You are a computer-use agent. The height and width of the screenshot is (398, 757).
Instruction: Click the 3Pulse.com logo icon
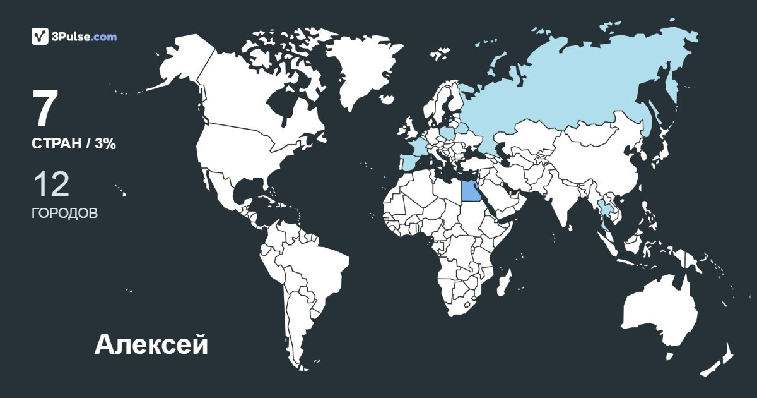pyautogui.click(x=40, y=36)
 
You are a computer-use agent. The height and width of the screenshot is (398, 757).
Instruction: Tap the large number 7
pyautogui.click(x=45, y=110)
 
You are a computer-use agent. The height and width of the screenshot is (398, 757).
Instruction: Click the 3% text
pyautogui.click(x=105, y=143)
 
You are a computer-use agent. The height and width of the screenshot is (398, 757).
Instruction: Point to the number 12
pyautogui.click(x=50, y=184)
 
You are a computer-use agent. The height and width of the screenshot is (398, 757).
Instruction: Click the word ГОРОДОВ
pyautogui.click(x=64, y=213)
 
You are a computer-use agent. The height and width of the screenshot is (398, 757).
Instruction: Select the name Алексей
pyautogui.click(x=151, y=344)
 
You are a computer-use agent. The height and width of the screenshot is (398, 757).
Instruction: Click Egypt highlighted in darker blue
pyautogui.click(x=470, y=190)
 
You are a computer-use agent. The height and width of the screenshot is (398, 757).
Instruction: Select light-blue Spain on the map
pyautogui.click(x=409, y=163)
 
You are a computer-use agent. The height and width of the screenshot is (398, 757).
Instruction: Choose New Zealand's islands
pyautogui.click(x=719, y=360)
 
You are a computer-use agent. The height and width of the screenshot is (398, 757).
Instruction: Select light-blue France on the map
pyautogui.click(x=418, y=146)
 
